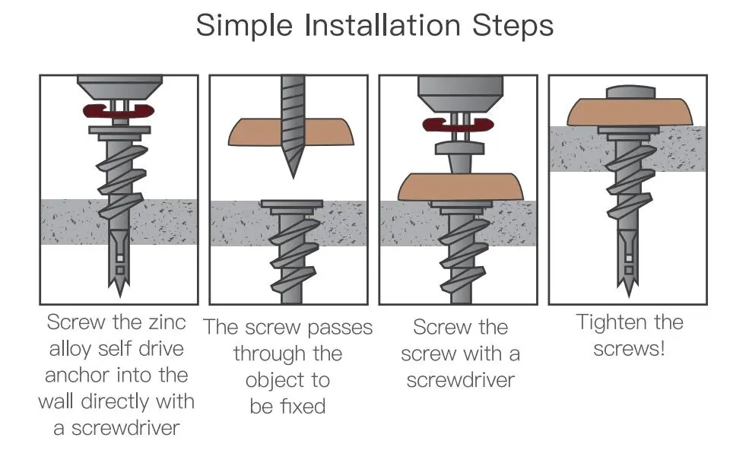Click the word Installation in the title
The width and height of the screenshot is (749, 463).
pyautogui.click(x=382, y=25)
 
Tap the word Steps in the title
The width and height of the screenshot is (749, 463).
pyautogui.click(x=513, y=27)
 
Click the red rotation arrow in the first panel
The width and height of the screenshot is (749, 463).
pyautogui.click(x=119, y=111)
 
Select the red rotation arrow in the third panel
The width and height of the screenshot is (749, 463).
pyautogui.click(x=458, y=125)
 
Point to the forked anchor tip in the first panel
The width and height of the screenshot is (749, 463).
pyautogui.click(x=119, y=287)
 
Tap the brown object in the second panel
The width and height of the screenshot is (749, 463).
pyautogui.click(x=291, y=132)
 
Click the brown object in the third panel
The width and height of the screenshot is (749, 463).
pyautogui.click(x=461, y=187)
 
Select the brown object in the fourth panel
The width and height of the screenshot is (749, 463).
pyautogui.click(x=630, y=112)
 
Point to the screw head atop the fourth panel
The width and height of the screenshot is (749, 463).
pyautogui.click(x=630, y=92)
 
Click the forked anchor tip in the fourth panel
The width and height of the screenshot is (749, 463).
pyautogui.click(x=629, y=287)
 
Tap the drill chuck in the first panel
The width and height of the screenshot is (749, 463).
pyautogui.click(x=120, y=87)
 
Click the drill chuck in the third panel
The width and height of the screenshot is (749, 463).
pyautogui.click(x=461, y=94)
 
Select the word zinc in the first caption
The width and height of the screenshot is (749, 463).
pyautogui.click(x=167, y=322)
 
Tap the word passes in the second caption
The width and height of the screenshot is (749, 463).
pyautogui.click(x=340, y=328)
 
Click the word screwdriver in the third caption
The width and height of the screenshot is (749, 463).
pyautogui.click(x=461, y=381)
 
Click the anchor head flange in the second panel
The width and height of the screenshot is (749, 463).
pyautogui.click(x=291, y=204)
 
